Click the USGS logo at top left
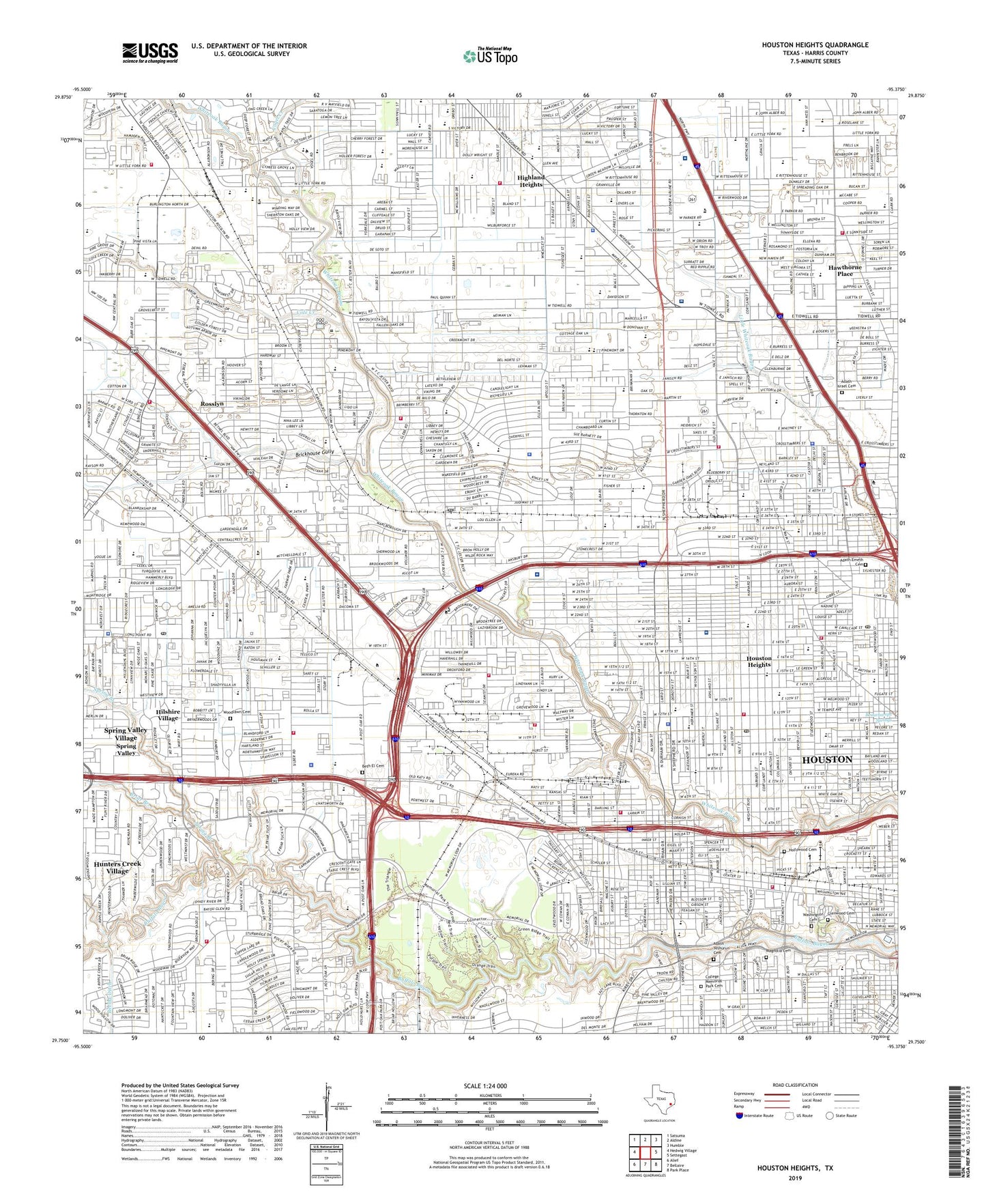(x=150, y=52)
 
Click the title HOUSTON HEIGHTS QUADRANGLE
(x=815, y=45)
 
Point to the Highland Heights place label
(x=531, y=181)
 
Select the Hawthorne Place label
(x=845, y=270)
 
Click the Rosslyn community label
(x=212, y=404)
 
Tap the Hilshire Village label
(x=168, y=715)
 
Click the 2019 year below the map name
(x=795, y=1178)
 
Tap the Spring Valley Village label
(x=126, y=734)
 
